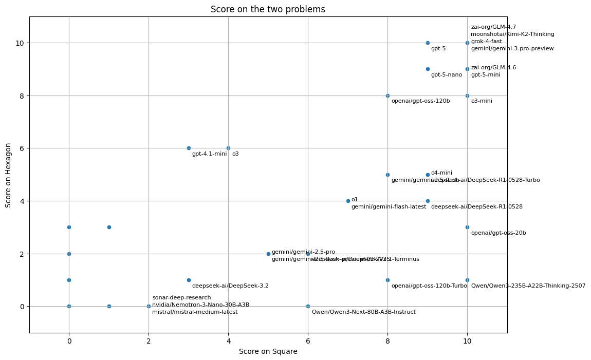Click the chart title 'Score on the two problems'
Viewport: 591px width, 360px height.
[268, 9]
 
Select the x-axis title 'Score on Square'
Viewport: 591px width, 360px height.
[268, 351]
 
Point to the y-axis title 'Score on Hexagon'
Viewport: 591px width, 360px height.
[8, 175]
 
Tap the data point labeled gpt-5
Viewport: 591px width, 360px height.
[428, 43]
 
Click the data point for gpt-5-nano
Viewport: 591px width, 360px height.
[428, 69]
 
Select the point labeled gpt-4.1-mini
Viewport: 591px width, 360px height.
[189, 148]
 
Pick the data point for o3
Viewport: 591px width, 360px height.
[228, 148]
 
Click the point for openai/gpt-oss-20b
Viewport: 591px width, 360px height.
[467, 227]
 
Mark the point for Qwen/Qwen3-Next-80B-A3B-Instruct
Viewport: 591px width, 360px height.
[308, 306]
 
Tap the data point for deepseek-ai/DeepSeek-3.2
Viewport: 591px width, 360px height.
[189, 280]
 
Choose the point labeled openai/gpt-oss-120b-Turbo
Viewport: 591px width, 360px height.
[387, 280]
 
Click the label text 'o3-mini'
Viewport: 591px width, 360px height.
[482, 101]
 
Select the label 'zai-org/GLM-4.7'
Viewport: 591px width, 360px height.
[493, 27]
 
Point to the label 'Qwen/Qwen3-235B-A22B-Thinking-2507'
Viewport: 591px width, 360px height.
[528, 286]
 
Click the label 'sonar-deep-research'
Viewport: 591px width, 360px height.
[181, 298]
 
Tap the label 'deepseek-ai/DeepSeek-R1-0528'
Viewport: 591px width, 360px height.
[476, 207]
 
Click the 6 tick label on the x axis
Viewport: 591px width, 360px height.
[308, 340]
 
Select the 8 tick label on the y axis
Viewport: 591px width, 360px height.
[21, 96]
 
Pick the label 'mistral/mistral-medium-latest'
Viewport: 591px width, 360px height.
[195, 312]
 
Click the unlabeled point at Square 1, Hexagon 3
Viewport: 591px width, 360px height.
[109, 227]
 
